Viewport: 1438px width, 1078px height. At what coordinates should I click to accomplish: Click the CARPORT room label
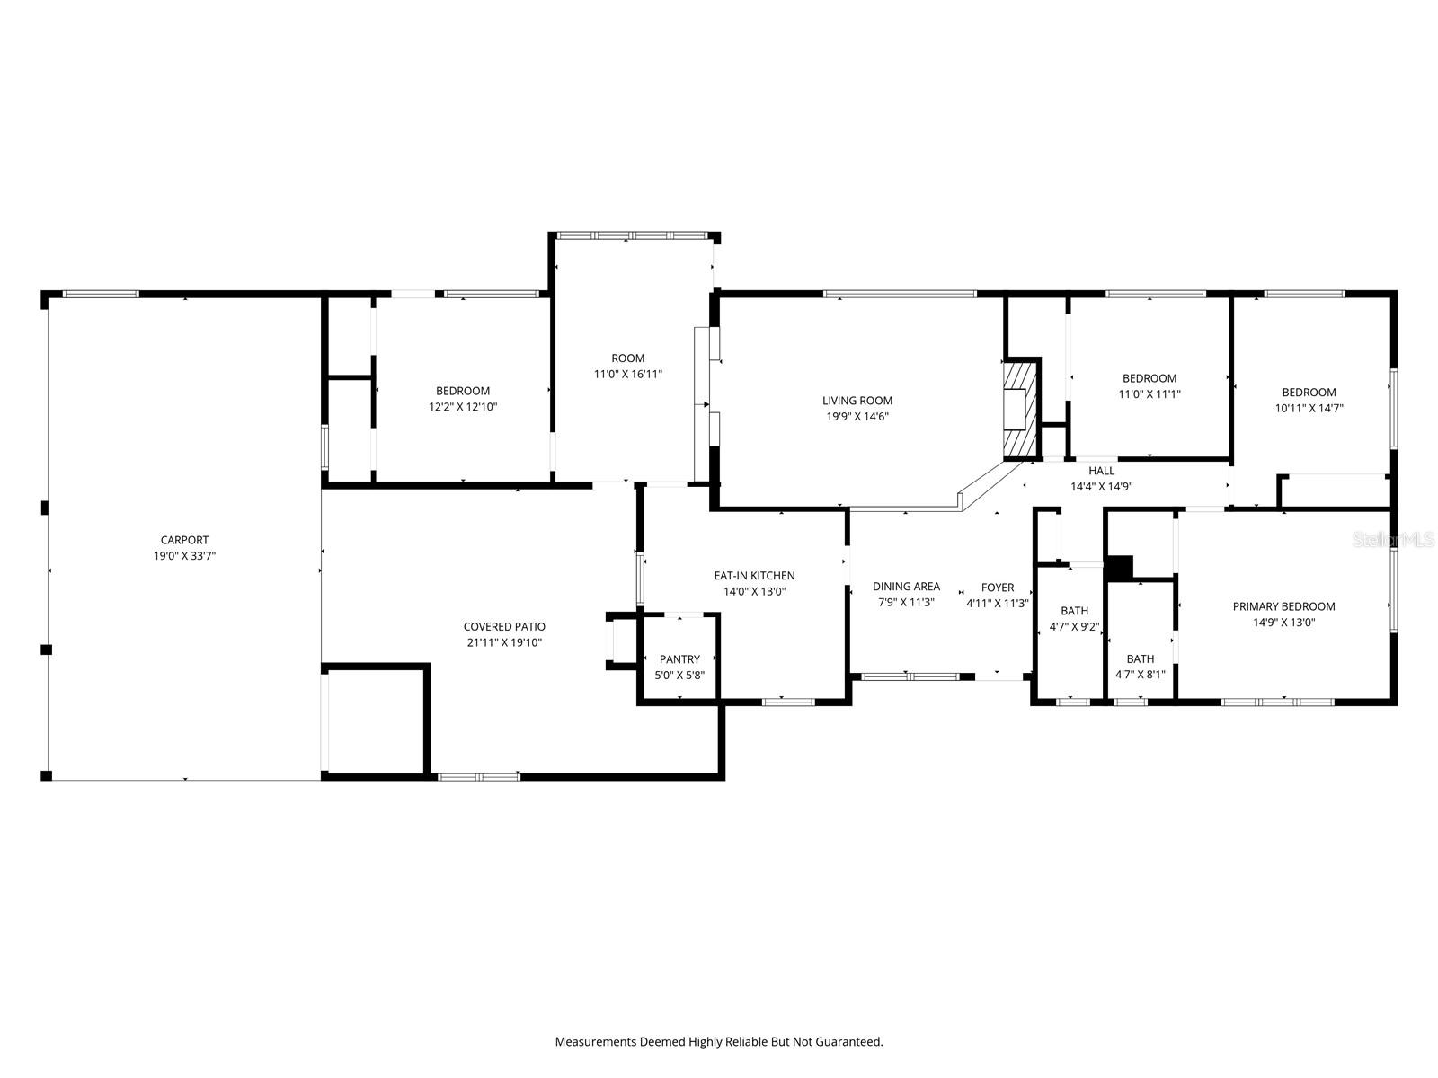coord(184,540)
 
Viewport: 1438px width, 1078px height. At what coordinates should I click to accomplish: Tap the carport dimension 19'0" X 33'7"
coord(184,556)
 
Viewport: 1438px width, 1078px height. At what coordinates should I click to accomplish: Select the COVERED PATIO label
coord(504,626)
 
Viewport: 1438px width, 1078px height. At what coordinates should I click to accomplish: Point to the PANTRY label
coord(679,659)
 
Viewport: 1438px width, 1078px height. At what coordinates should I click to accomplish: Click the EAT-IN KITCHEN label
coord(754,575)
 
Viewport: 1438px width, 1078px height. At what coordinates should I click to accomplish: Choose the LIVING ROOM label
coord(857,401)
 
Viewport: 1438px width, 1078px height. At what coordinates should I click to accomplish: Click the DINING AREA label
coord(906,587)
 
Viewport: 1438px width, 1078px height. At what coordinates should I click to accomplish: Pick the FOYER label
coord(997,588)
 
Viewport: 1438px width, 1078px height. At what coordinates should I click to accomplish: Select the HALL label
coord(1101,471)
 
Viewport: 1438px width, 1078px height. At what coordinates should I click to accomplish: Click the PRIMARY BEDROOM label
coord(1283,606)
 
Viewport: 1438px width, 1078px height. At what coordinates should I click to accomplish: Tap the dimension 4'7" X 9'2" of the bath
coord(1074,626)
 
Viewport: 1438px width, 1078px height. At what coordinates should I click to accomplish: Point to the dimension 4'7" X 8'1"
coord(1140,674)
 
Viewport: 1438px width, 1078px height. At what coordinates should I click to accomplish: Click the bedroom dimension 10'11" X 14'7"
coord(1309,408)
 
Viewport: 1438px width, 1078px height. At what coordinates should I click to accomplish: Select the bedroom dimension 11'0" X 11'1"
coord(1150,394)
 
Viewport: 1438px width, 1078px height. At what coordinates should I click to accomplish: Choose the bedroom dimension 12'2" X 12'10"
coord(463,406)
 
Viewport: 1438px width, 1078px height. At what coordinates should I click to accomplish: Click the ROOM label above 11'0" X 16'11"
coord(627,358)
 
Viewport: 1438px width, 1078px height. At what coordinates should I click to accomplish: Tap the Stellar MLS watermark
coord(1392,540)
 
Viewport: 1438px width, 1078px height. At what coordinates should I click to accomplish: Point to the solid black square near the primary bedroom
coord(1120,568)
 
